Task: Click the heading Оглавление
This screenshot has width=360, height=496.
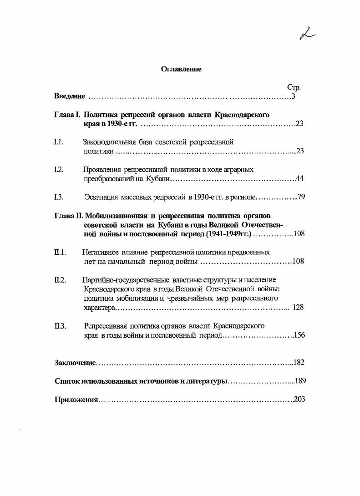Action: point(181,69)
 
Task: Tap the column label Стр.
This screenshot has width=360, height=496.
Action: point(294,87)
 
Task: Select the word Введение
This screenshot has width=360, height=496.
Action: point(70,96)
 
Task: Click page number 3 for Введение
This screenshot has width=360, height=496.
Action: point(294,96)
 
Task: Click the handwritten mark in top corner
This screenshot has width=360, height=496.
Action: point(308,34)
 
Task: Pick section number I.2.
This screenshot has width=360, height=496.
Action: point(58,170)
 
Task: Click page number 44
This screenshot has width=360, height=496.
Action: point(300,178)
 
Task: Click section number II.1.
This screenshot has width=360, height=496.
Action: point(60,252)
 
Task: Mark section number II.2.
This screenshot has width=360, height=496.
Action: point(60,280)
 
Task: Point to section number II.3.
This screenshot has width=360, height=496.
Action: point(60,326)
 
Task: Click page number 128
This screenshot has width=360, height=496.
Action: point(298,307)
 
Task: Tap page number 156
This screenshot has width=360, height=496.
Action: point(299,335)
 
